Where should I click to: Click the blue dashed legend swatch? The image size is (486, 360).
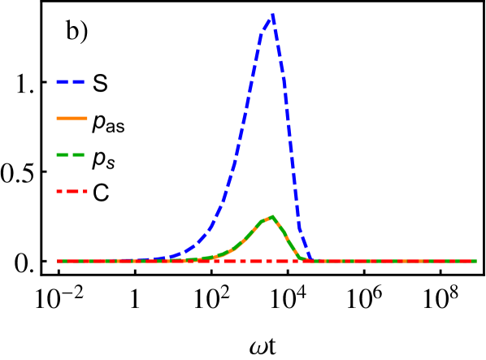pos(71,82)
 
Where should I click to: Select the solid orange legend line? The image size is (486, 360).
pos(72,119)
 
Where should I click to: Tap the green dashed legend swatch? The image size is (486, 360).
pos(71,154)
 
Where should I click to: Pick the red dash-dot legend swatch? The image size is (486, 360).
pos(72,192)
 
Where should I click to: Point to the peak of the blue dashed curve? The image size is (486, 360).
pos(272,15)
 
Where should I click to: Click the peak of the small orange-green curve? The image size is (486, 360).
pos(272,216)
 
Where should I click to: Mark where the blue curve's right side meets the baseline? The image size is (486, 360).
pos(311,259)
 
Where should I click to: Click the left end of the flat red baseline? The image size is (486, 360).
pos(58,261)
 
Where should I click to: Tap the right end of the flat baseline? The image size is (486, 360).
pos(476,261)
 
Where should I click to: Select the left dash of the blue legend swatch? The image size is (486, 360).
pos(62,82)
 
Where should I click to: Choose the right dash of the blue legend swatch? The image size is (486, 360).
pos(79,82)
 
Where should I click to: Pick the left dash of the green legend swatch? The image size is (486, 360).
pos(62,154)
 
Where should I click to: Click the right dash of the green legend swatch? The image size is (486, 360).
pos(79,154)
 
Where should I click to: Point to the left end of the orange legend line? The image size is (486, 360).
pos(57,119)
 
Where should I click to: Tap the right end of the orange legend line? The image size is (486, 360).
pos(87,119)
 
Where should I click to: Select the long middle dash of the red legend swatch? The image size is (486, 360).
pos(72,192)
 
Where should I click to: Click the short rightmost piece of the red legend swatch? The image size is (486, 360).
pos(85,192)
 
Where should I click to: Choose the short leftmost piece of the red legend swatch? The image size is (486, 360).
pos(59,192)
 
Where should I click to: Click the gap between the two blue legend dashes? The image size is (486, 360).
pos(70,82)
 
